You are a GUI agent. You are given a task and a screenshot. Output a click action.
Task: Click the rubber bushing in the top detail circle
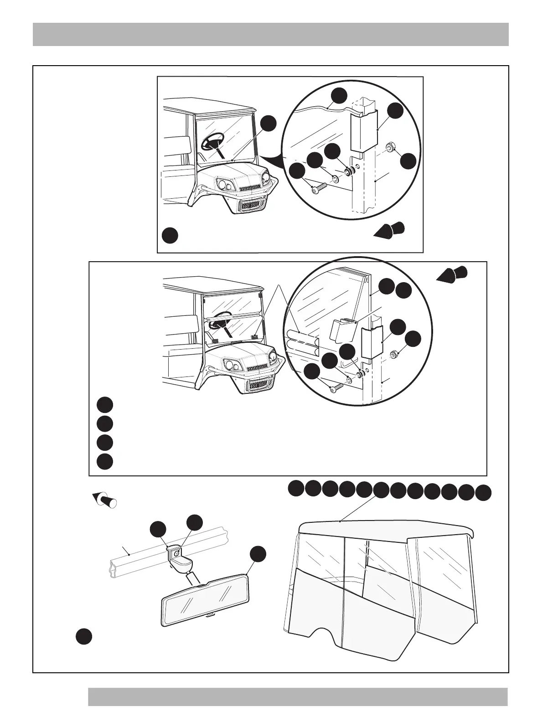point(350,172)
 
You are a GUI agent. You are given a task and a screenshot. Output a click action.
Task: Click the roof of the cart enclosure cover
point(383,529)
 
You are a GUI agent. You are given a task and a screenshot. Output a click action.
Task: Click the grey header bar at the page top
point(270,34)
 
